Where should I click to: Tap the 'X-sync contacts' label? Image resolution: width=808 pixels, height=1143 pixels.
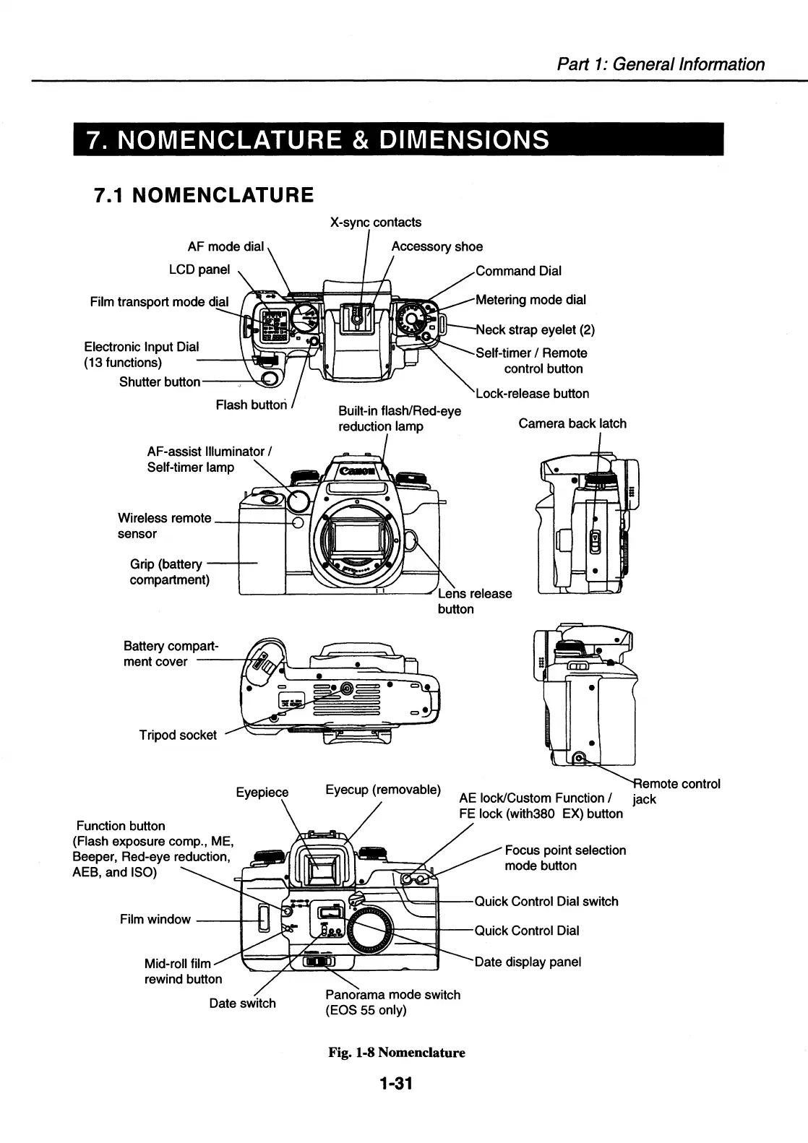pos(375,223)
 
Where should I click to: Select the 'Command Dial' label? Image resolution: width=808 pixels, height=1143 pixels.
pos(518,271)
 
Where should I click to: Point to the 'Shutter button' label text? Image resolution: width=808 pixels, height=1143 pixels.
pos(159,381)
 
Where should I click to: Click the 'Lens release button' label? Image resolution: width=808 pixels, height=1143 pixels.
pos(474,601)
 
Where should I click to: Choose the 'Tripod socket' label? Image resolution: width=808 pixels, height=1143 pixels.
pos(178,735)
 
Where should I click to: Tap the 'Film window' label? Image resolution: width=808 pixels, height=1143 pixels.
pos(155,919)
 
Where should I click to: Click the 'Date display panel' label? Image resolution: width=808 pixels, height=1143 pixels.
pos(528,962)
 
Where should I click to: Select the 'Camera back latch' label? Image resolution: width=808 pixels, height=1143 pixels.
pos(572,423)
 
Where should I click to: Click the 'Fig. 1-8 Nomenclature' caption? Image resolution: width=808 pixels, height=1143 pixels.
pos(397,1052)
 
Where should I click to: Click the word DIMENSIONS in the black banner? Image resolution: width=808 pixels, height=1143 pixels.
pos(460,139)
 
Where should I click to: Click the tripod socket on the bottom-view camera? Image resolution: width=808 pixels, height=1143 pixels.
pos(347,689)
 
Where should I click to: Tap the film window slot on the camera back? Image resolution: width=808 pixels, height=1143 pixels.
pos(264,916)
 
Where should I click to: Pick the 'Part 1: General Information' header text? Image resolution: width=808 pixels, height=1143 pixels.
pos(661,64)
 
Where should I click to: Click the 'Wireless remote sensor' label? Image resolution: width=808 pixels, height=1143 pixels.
pos(164,526)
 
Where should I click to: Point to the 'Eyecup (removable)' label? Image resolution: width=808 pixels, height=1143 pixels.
pos(382,789)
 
